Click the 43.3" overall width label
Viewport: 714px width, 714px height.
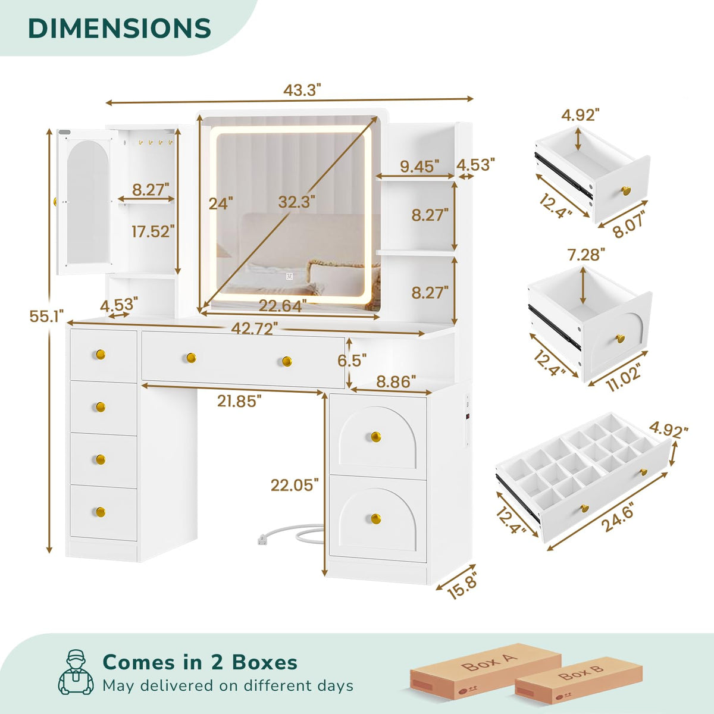[302, 90]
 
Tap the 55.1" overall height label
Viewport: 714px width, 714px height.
[46, 316]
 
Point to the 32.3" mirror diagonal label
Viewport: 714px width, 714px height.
[297, 202]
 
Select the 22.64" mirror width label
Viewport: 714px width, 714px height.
[283, 306]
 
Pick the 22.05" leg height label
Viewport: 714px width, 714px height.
[295, 485]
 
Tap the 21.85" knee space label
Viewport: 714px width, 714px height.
[239, 400]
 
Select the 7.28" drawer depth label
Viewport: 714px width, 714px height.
[586, 255]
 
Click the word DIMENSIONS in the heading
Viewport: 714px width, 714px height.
[120, 29]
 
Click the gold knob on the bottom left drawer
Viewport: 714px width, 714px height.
[101, 512]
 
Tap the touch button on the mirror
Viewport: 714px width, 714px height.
[289, 276]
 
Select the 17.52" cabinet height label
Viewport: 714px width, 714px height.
[153, 231]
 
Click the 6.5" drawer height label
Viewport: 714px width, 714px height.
[352, 360]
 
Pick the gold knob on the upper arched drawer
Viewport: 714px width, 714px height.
[375, 437]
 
